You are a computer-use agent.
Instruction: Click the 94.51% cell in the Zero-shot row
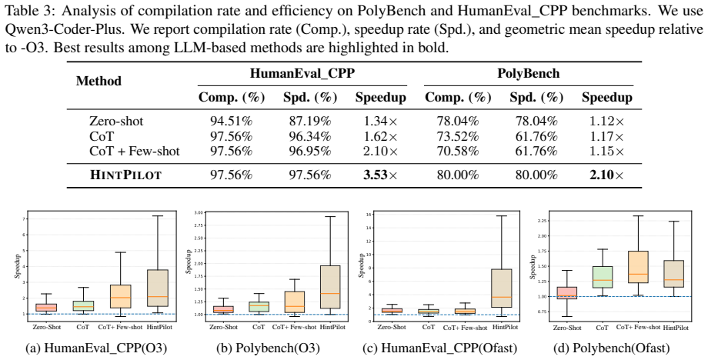coord(231,121)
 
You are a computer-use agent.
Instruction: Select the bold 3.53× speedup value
coord(381,175)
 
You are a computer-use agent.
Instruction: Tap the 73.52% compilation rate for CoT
coord(457,136)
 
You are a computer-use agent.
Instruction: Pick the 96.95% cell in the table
coord(310,151)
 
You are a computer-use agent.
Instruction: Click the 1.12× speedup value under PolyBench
coord(606,121)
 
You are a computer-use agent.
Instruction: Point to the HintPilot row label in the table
coord(125,175)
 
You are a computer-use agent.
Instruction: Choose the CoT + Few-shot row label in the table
coord(135,151)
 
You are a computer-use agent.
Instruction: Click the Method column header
coord(99,82)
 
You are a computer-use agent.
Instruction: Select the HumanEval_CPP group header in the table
coord(302,74)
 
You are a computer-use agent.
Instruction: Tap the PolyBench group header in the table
coord(528,74)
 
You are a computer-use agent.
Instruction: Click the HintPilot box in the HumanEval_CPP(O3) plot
coord(158,288)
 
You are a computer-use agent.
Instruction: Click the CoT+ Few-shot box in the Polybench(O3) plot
coord(295,302)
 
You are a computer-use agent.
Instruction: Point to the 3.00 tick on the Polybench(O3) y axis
coord(199,212)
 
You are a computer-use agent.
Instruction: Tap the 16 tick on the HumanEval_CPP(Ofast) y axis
coord(368,215)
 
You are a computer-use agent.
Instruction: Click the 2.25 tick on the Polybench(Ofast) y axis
coord(543,221)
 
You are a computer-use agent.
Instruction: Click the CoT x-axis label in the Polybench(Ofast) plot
coord(603,328)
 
